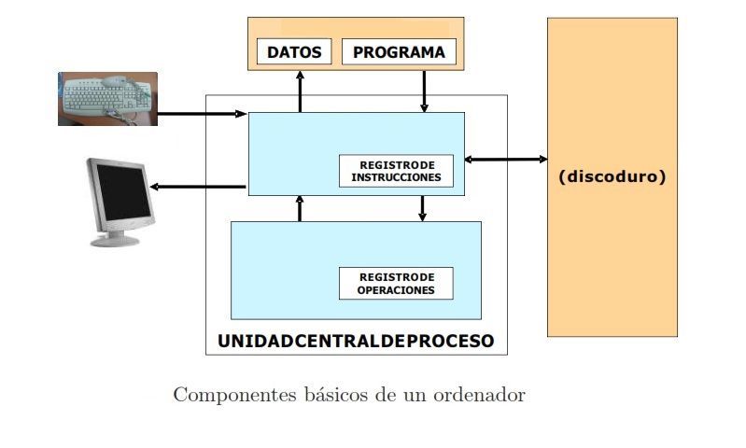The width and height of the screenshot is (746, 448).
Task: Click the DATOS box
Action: point(294,52)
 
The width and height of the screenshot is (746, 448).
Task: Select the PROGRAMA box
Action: point(399,52)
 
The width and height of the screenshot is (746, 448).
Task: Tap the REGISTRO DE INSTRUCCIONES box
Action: point(396,171)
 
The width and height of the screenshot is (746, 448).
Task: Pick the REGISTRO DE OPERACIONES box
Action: point(396,284)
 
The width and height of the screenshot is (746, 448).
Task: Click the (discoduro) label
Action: point(612,176)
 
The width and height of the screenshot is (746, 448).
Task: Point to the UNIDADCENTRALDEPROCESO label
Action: point(356,341)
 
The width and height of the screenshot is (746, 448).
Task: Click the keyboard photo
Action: point(107,99)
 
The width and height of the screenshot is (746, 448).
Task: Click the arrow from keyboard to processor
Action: point(202,115)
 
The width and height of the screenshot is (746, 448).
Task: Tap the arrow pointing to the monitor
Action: point(198,188)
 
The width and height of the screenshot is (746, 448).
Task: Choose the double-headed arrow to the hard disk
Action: point(506,160)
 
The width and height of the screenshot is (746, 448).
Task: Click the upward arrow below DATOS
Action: point(300,91)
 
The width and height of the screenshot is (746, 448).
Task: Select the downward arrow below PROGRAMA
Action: point(425,91)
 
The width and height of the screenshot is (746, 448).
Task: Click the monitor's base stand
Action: point(116,240)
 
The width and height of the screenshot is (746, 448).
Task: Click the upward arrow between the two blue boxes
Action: point(300,208)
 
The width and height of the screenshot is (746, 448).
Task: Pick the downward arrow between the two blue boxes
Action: point(422,208)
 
